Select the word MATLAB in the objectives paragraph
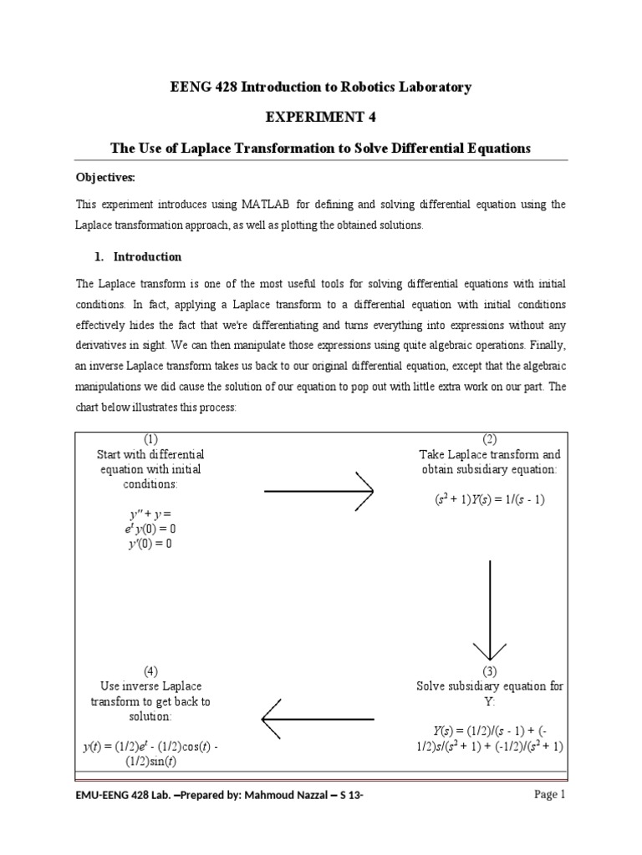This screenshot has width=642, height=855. [247, 205]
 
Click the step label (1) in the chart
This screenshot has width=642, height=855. [150, 439]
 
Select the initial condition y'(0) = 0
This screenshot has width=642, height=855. [150, 544]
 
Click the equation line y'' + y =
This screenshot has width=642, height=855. [150, 514]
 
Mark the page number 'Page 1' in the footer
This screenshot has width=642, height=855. [550, 795]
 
